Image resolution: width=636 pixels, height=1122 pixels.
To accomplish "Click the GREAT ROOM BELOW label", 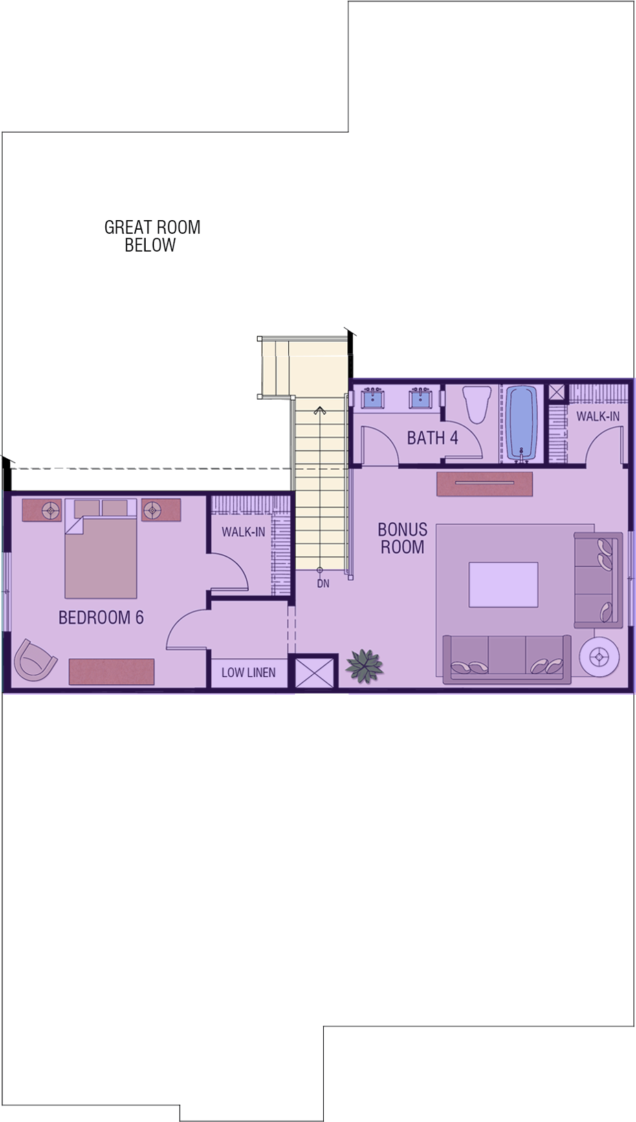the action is pyautogui.click(x=152, y=236).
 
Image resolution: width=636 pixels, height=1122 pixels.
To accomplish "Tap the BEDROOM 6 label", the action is pyautogui.click(x=101, y=618).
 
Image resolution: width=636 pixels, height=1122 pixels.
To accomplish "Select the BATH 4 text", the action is pyautogui.click(x=432, y=438).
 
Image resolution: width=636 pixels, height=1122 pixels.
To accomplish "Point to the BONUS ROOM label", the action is pyautogui.click(x=403, y=538).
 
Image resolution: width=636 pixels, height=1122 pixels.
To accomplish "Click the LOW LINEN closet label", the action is pyautogui.click(x=248, y=672).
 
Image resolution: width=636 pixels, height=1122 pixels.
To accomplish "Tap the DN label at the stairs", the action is pyautogui.click(x=323, y=583).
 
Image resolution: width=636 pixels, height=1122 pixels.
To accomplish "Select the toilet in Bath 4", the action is pyautogui.click(x=476, y=404).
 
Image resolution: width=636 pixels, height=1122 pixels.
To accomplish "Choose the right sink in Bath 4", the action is pyautogui.click(x=419, y=398).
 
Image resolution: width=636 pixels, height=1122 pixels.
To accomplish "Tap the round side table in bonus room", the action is pyautogui.click(x=600, y=655).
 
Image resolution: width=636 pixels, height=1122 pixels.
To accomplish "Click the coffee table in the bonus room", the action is pyautogui.click(x=503, y=585).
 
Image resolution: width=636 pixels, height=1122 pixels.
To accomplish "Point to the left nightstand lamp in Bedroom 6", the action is pyautogui.click(x=51, y=510).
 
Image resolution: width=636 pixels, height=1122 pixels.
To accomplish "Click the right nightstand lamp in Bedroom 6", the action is pyautogui.click(x=152, y=510).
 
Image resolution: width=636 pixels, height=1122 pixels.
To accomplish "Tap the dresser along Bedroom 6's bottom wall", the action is pyautogui.click(x=111, y=671).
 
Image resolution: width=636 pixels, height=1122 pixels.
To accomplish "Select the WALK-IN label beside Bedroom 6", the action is pyautogui.click(x=243, y=532).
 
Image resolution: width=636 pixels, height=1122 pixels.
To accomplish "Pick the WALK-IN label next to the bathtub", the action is pyautogui.click(x=598, y=416).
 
